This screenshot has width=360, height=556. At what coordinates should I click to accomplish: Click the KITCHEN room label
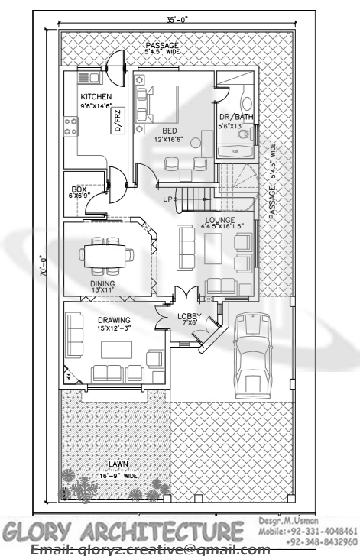97,96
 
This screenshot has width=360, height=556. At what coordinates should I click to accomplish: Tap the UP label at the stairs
168,199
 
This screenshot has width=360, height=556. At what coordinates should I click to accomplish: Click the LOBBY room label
189,315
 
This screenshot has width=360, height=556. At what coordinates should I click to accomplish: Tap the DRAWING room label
114,320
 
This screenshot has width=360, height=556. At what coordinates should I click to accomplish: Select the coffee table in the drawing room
116,348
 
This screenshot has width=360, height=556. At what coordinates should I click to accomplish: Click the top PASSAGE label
161,46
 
